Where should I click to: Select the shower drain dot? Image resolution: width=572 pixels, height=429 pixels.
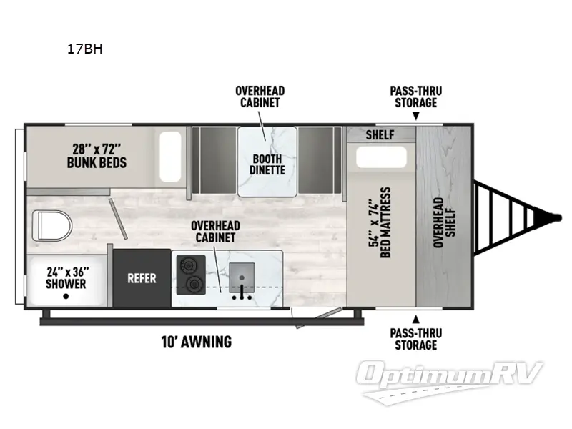[66, 295]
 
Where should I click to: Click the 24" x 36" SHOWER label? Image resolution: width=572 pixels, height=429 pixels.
[66, 277]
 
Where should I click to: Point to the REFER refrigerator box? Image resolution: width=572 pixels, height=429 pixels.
[142, 278]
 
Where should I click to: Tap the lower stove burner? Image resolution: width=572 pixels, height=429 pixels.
[192, 286]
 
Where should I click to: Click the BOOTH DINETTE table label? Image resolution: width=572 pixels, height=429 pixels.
[267, 164]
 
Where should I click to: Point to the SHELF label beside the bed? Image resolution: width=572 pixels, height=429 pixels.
[380, 134]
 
